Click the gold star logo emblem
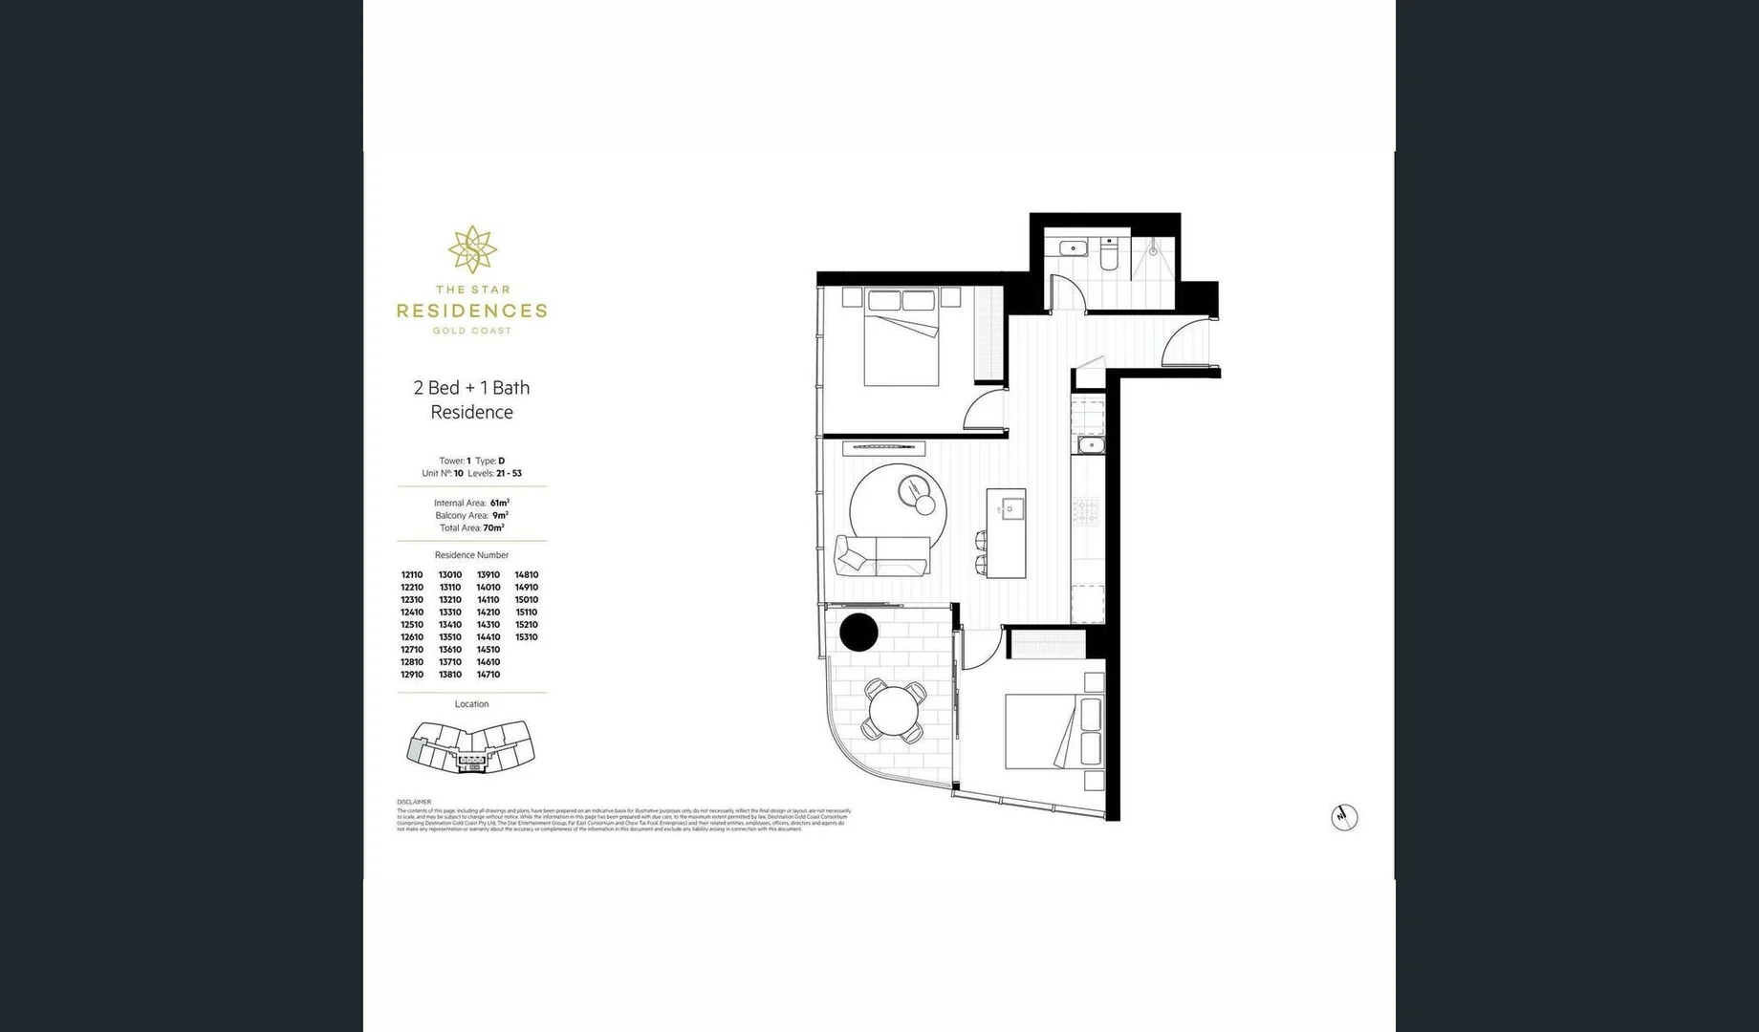[472, 250]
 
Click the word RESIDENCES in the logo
[472, 311]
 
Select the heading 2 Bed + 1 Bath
[471, 387]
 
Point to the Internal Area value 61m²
[499, 503]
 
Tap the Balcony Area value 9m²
[500, 515]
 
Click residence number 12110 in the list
[412, 575]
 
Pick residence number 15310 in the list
[527, 637]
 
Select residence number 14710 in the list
[489, 675]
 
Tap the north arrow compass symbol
[1344, 817]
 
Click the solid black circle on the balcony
[858, 633]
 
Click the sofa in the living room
[882, 555]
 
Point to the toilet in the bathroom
[1109, 255]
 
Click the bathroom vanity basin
[1073, 249]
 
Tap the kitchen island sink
[1011, 507]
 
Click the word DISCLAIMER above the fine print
[414, 802]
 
